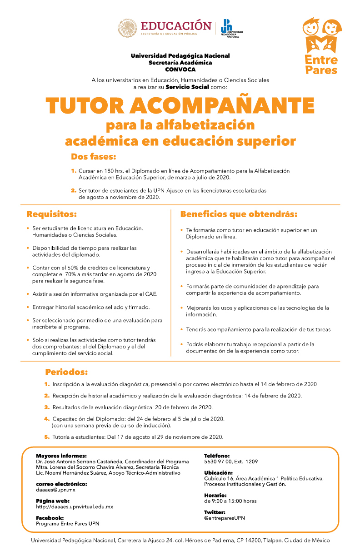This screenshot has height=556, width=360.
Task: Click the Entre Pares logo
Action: tap(321, 46)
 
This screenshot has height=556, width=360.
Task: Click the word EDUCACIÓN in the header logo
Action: tap(176, 25)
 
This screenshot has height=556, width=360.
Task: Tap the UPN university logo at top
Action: tap(231, 28)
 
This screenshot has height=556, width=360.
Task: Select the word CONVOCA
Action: tap(180, 69)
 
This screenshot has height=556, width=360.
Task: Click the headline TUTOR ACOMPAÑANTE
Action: tap(180, 106)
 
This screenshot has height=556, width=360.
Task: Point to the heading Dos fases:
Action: tap(94, 157)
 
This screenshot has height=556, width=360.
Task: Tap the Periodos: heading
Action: tap(66, 372)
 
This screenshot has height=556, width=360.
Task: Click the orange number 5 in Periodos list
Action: tap(46, 437)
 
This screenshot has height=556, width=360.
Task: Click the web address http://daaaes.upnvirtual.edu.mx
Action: tap(75, 506)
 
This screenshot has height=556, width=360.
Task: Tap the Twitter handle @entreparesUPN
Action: tap(225, 518)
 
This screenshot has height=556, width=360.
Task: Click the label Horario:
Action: tap(215, 495)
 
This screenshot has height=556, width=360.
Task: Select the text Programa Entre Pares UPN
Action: tap(67, 523)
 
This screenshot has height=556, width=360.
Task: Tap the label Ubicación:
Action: tap(218, 472)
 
